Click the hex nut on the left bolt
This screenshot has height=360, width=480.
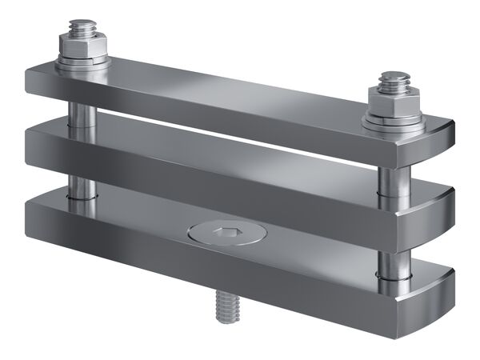point(83,50)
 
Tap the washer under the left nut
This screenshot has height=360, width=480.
point(82,64)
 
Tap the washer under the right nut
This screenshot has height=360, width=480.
point(392,122)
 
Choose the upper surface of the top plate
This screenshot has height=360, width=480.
point(240,84)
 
